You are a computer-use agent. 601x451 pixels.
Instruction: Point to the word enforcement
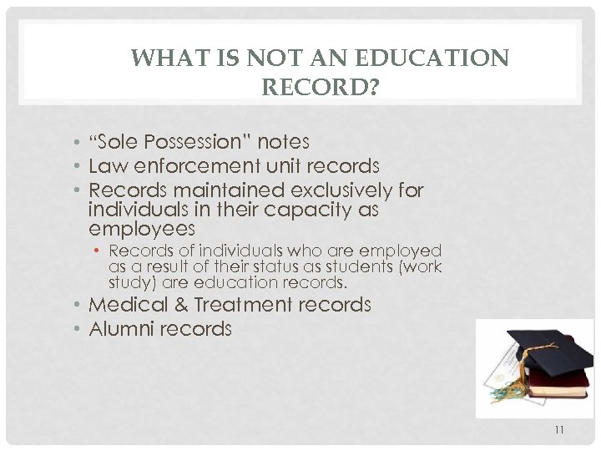coord(202,165)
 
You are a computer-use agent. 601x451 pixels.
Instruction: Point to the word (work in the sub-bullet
coord(421,266)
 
